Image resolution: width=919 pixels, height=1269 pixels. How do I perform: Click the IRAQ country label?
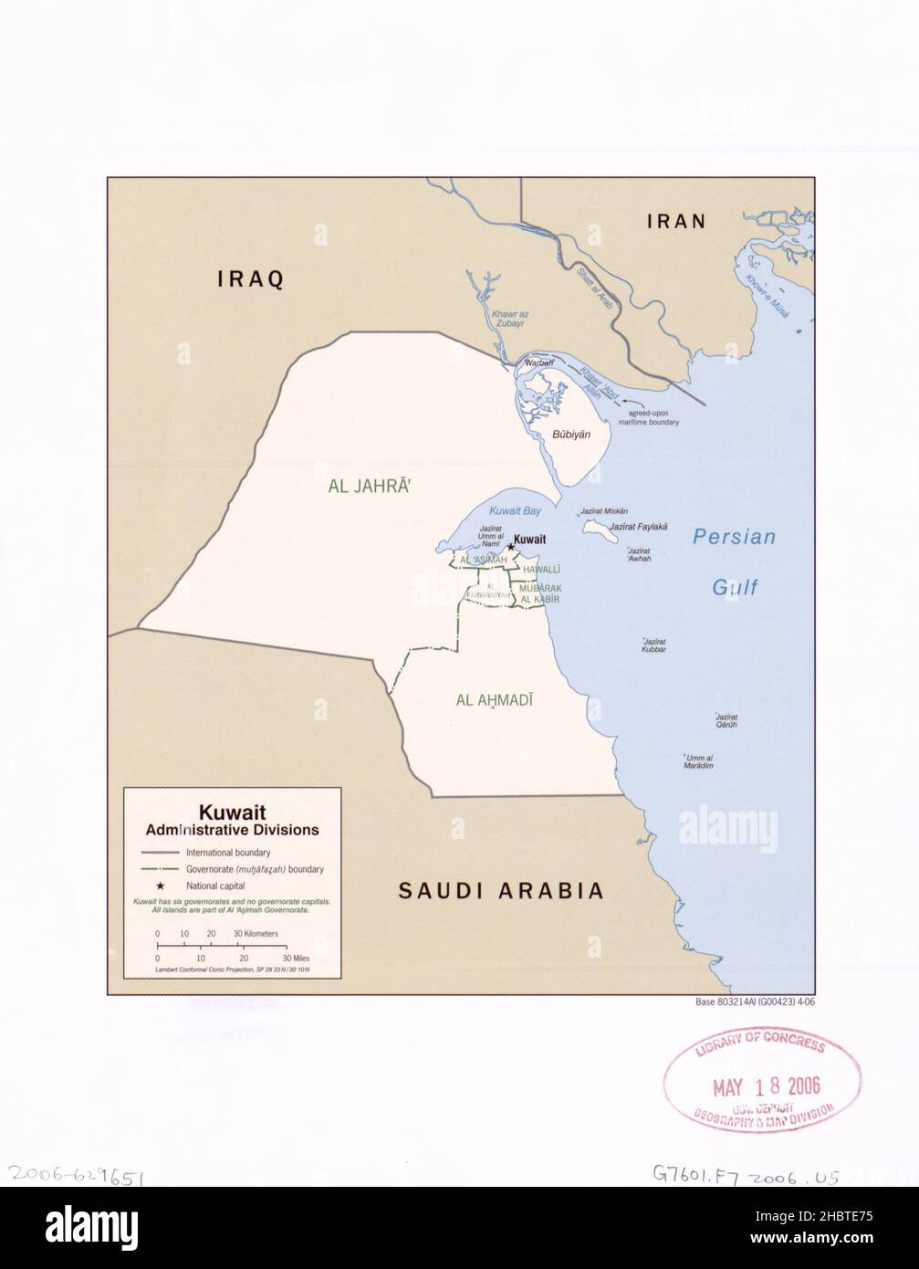(251, 279)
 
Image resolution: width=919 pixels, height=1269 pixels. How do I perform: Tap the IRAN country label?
(676, 221)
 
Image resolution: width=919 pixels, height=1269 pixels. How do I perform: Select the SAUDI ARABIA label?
(501, 890)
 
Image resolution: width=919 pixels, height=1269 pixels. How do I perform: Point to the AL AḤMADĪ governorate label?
(494, 700)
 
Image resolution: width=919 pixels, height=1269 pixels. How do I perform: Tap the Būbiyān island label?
(566, 438)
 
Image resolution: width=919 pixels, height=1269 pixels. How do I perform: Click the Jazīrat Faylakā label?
(639, 527)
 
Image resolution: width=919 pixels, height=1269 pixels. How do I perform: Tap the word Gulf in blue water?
(736, 587)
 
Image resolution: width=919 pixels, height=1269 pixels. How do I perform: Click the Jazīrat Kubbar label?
(653, 645)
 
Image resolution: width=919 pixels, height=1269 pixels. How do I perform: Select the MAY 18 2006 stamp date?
(766, 1086)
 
